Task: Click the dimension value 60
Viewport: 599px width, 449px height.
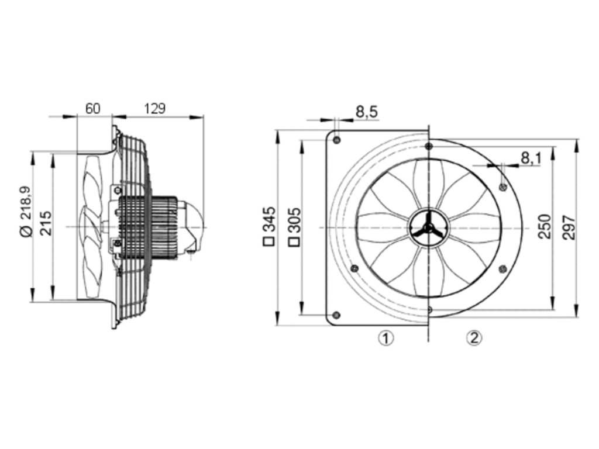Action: (93, 108)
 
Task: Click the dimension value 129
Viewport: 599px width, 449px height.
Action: (155, 108)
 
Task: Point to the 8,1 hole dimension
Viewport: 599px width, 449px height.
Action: (531, 157)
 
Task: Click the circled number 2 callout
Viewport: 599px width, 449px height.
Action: (474, 337)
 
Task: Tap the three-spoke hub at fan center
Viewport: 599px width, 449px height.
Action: (429, 226)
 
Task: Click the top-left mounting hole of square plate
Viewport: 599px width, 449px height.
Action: (337, 139)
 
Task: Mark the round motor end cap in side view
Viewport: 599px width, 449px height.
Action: (195, 225)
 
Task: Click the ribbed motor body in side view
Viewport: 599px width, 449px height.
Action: (149, 225)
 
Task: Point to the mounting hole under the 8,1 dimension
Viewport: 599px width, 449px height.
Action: (502, 186)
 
